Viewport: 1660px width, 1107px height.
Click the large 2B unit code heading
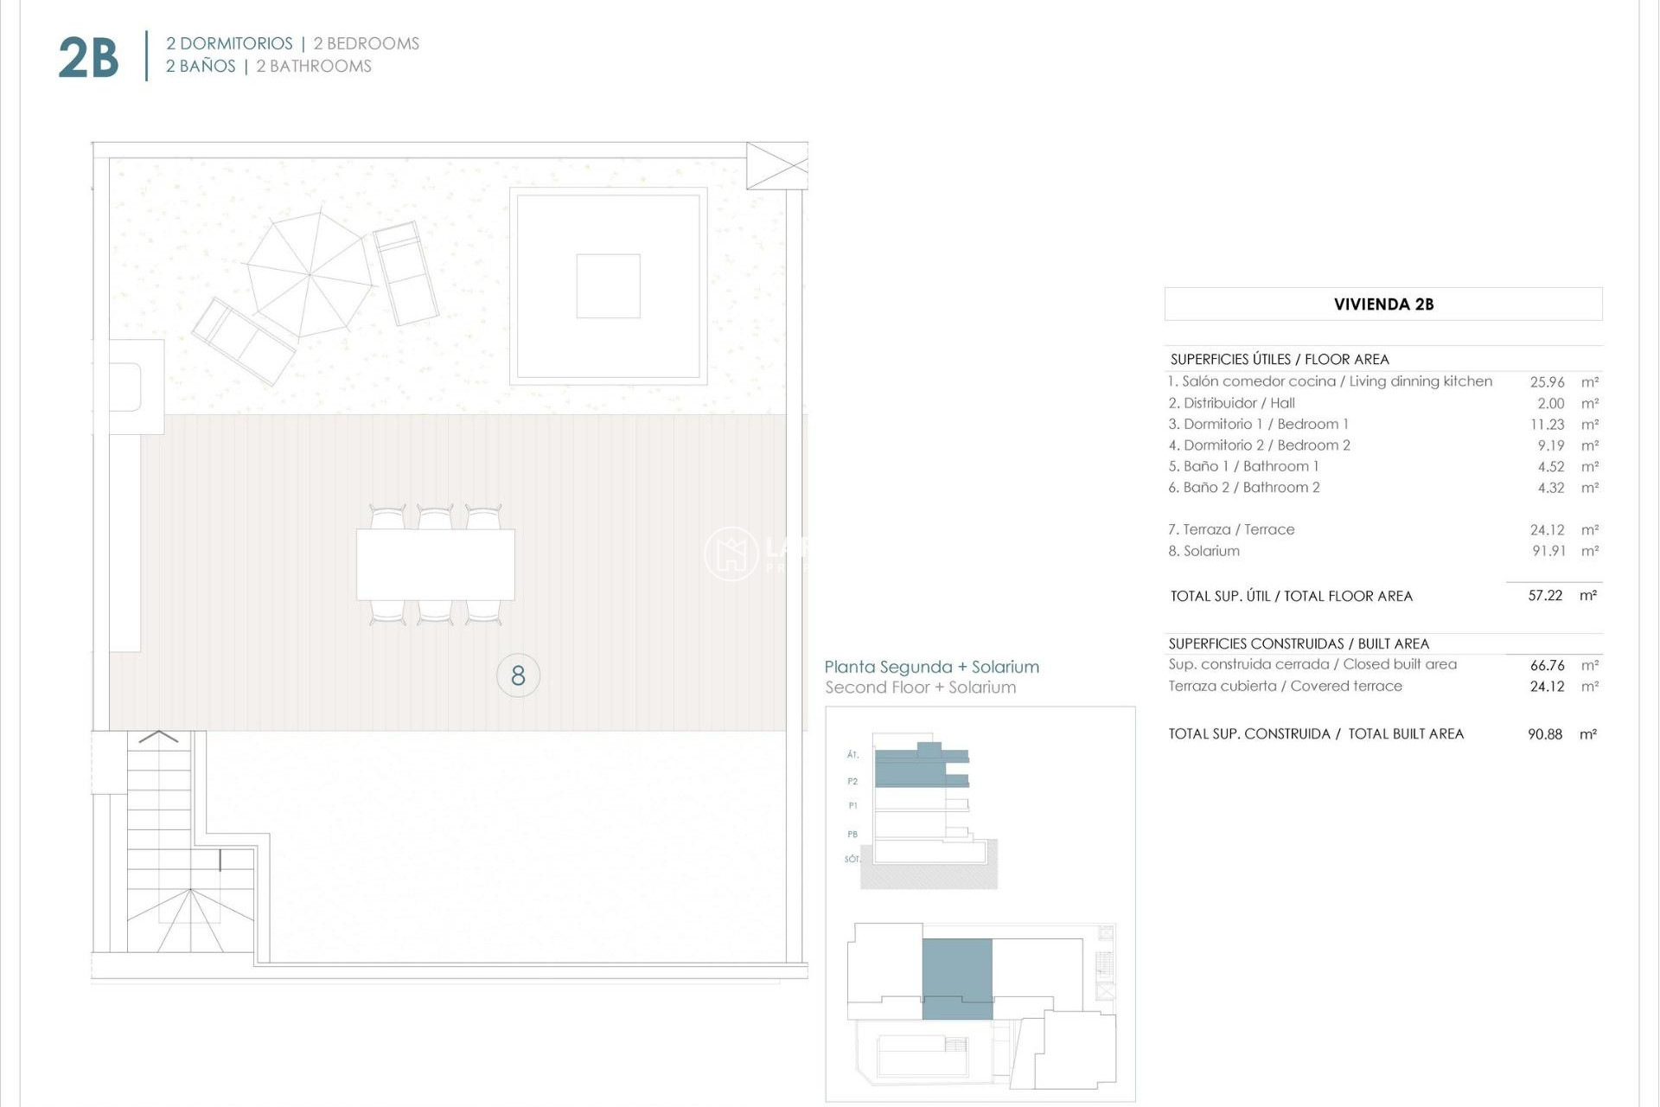[88, 58]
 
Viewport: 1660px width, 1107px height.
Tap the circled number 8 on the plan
[518, 675]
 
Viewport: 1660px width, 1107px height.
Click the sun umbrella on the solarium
[310, 275]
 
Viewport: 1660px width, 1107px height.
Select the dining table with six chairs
[436, 565]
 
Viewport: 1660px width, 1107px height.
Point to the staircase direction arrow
[158, 737]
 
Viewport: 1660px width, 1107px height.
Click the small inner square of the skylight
[608, 286]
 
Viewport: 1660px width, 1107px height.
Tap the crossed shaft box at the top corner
[776, 166]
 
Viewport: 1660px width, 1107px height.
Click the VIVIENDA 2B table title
[1383, 304]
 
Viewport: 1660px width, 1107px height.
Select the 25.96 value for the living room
[1547, 381]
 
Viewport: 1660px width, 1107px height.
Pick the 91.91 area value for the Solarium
[1548, 551]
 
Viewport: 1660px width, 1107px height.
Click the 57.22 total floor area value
[1545, 596]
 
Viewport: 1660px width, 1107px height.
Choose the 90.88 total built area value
[1545, 734]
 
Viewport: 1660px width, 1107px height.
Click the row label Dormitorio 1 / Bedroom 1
[1258, 424]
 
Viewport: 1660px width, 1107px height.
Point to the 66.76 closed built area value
[1547, 665]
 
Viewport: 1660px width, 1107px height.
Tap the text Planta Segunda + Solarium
[931, 667]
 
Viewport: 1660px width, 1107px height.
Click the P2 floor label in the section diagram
[852, 781]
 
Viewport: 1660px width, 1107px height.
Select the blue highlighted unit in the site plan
[957, 977]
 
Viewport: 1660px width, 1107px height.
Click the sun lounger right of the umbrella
[405, 272]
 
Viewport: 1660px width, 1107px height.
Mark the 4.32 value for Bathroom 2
[1551, 488]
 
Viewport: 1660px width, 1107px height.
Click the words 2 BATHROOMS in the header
[314, 67]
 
